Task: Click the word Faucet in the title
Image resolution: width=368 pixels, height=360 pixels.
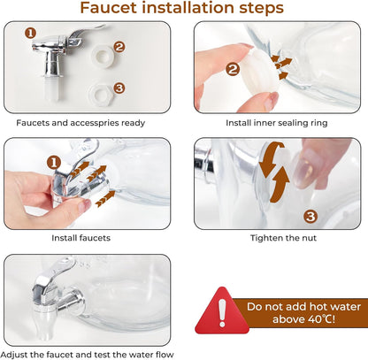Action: (x=108, y=8)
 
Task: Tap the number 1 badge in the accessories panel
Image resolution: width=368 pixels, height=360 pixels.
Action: (x=30, y=33)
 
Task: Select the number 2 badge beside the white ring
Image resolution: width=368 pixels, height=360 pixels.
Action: (x=119, y=47)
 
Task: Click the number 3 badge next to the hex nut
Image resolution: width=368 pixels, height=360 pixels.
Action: (x=119, y=88)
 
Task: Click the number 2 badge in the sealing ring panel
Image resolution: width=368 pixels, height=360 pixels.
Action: (x=233, y=70)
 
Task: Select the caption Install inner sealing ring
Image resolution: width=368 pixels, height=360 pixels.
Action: (x=277, y=123)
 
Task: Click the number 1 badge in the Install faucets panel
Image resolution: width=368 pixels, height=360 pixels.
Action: (x=54, y=163)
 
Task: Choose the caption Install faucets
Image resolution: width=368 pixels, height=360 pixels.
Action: (x=81, y=238)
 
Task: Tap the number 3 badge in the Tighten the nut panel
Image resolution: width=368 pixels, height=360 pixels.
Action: (x=310, y=217)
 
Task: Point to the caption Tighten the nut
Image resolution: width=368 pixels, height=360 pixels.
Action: (x=283, y=238)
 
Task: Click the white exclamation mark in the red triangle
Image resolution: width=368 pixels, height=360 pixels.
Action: (x=222, y=312)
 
